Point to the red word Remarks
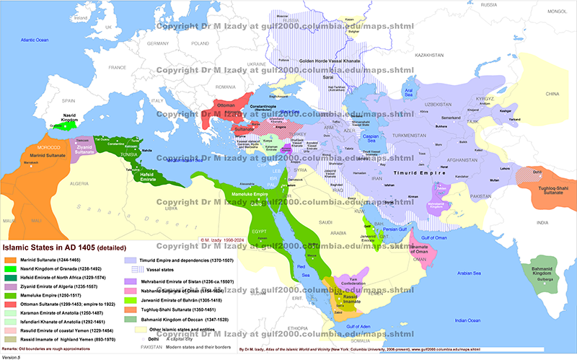[14, 348]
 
